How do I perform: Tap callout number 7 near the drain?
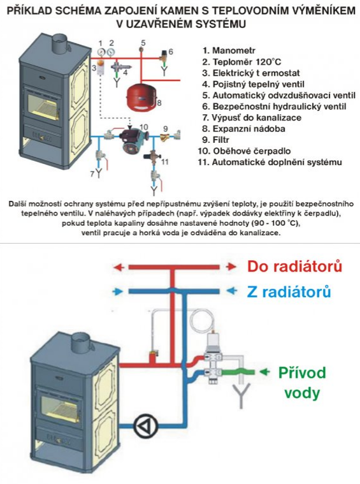pyautogui.click(x=92, y=173)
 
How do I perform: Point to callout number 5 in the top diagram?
pyautogui.click(x=143, y=43)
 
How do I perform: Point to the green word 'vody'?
pyautogui.click(x=302, y=392)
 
